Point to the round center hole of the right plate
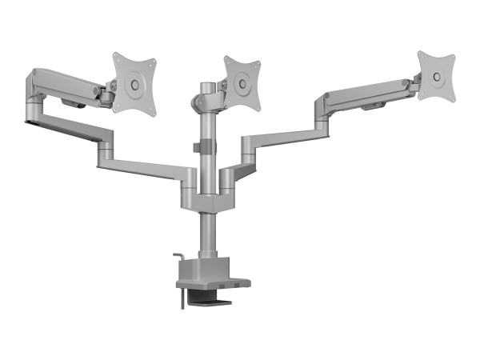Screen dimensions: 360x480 click(437, 76)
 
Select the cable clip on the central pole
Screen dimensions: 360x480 click(205, 149)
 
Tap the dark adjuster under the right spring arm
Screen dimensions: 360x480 click(372, 106)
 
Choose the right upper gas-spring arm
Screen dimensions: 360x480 click(364, 93)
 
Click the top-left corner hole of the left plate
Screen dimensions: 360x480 click(117, 58)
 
